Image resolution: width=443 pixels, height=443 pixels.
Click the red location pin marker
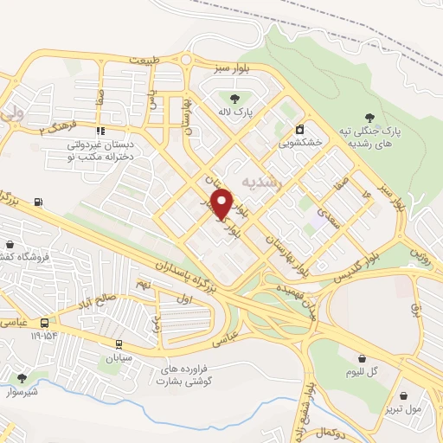(223, 203)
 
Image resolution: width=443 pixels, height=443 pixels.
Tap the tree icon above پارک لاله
(234, 96)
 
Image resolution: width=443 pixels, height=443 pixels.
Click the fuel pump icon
(38, 203)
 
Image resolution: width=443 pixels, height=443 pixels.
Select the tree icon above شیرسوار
(21, 378)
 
